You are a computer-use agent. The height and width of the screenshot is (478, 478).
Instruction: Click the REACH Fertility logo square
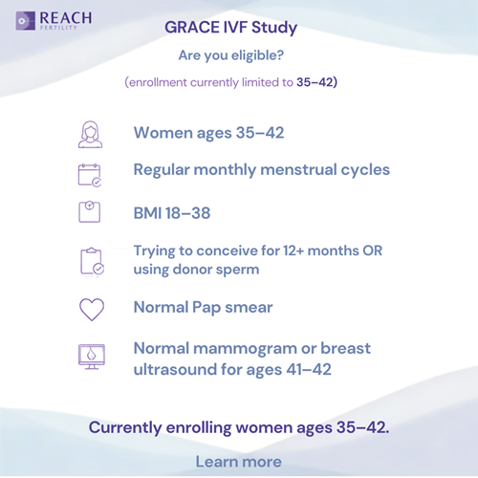26,21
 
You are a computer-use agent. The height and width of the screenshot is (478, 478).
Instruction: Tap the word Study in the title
274,28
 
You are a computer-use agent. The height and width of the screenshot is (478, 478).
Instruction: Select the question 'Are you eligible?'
231,55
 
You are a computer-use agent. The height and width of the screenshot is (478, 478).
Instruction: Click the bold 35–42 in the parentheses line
315,82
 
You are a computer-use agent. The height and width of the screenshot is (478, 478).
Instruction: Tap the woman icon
91,135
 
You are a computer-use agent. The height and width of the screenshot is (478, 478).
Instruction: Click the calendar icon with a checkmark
90,175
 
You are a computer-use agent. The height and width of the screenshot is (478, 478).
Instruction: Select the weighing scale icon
89,211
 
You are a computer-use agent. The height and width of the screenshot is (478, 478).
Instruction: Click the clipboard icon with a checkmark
92,261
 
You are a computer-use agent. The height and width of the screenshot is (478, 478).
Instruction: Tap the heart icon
92,309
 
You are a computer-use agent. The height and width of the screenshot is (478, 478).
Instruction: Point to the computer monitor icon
92,357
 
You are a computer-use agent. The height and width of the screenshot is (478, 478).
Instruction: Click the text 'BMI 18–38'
172,213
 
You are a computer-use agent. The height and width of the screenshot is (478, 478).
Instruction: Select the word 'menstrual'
298,169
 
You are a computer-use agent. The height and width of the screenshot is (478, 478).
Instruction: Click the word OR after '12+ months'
373,250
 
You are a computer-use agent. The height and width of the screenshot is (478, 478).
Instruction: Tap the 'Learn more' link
239,462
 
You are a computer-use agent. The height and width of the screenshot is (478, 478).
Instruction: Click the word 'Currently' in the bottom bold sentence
125,428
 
